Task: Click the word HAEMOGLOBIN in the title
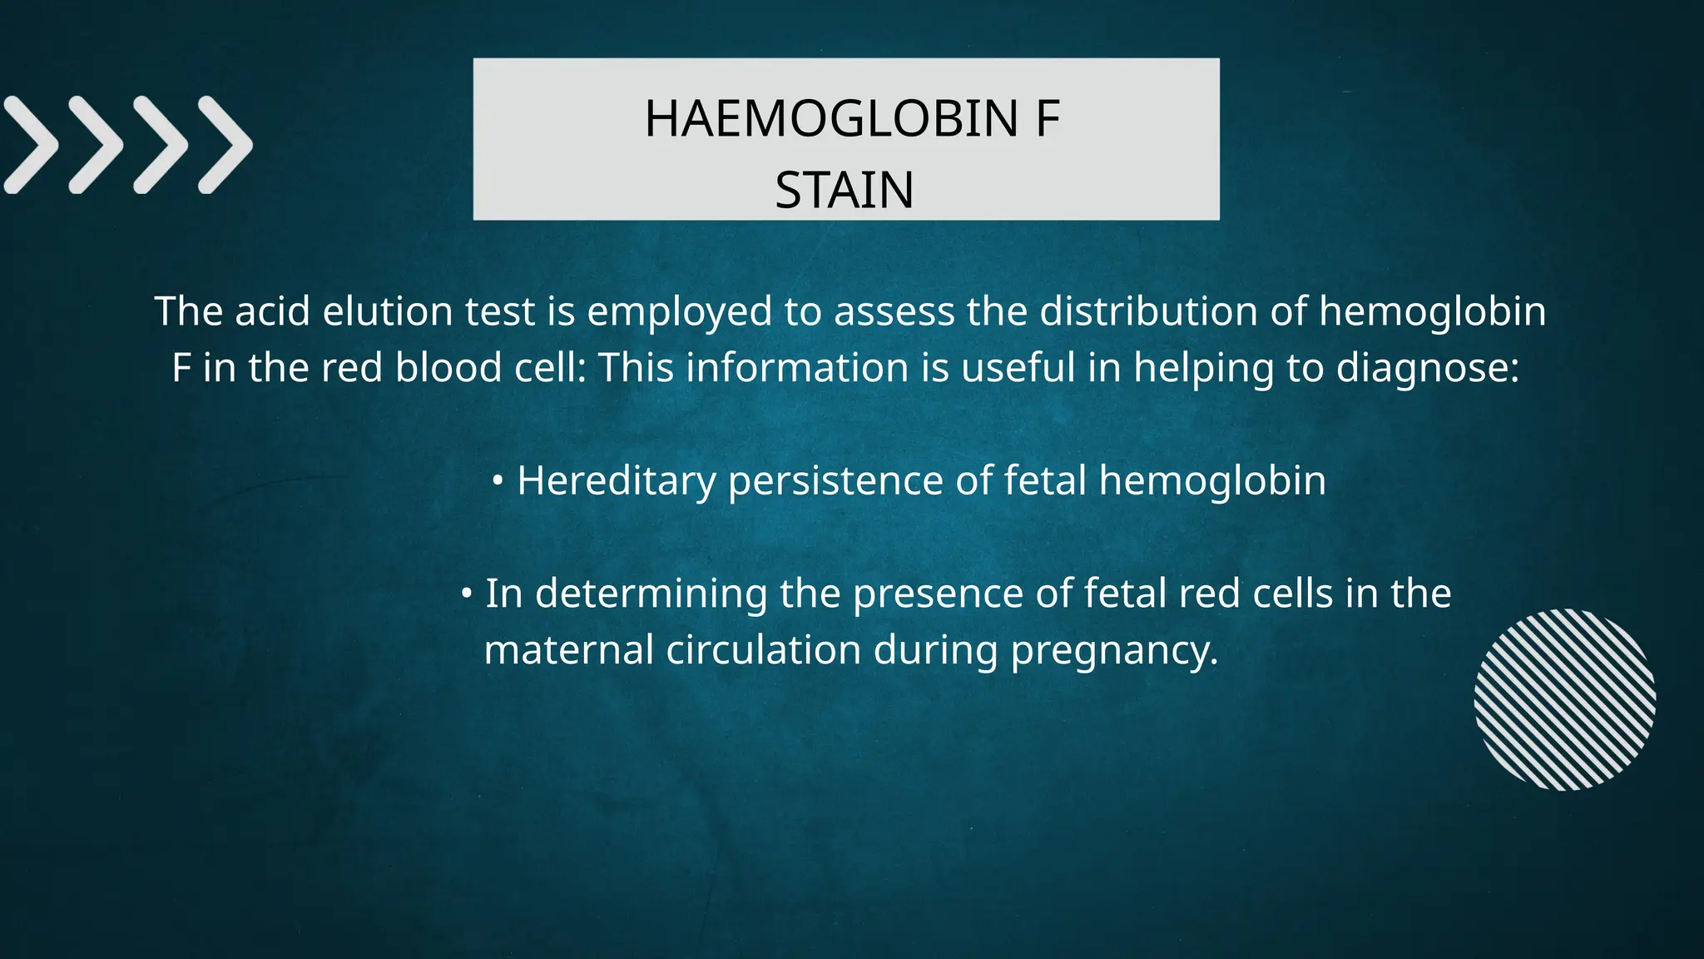point(831,119)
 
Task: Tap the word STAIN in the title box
point(845,191)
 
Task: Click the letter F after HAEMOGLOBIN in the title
point(1048,119)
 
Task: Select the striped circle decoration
point(1564,699)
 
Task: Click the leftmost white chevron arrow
point(31,146)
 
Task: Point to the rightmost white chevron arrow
point(225,146)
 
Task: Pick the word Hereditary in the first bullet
point(616,482)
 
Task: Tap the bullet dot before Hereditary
point(498,481)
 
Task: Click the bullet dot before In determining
point(467,594)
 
